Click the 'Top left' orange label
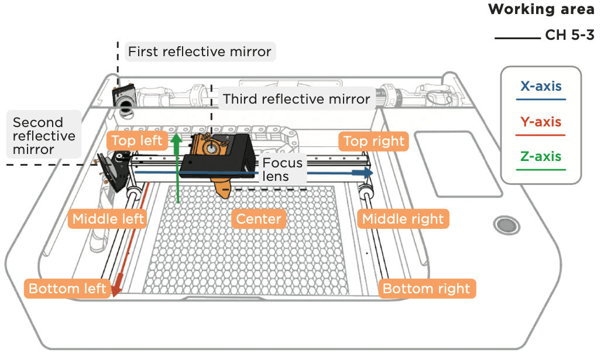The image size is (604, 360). click(137, 141)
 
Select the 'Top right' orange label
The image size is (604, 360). click(373, 141)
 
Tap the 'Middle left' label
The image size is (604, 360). click(108, 220)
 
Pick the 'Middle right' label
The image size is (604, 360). click(403, 220)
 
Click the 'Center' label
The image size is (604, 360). click(259, 220)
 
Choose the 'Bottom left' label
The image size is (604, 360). click(67, 289)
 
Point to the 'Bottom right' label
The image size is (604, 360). click(426, 289)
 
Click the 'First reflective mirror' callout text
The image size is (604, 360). click(200, 52)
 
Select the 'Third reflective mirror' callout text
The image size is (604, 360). click(296, 99)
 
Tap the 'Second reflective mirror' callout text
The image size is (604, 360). click(44, 135)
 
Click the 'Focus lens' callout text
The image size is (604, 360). click(282, 169)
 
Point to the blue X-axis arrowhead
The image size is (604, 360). click(368, 173)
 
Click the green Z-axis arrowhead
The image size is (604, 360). click(177, 140)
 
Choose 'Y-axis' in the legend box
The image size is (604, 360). click(541, 122)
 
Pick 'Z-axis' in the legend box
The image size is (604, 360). click(541, 157)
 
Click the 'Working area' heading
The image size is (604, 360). click(541, 9)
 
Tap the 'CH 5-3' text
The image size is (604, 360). click(569, 35)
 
